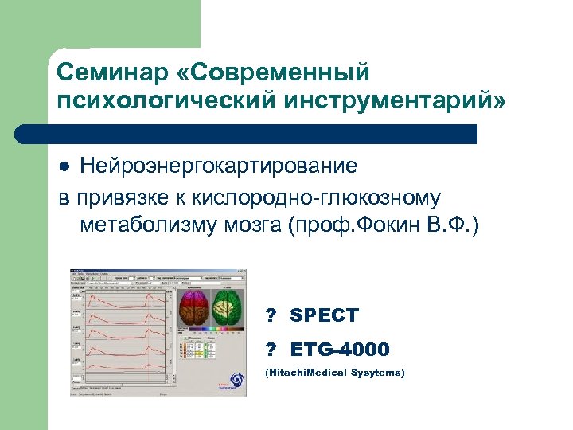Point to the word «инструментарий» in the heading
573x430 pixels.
pos(380,102)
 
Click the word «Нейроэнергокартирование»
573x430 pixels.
pos(224,166)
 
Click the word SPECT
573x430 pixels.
pos(324,316)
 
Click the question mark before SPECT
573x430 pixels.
pos(271,316)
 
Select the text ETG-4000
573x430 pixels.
pos(340,350)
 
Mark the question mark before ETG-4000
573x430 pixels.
pos(271,350)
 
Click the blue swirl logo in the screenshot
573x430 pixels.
pos(236,381)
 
